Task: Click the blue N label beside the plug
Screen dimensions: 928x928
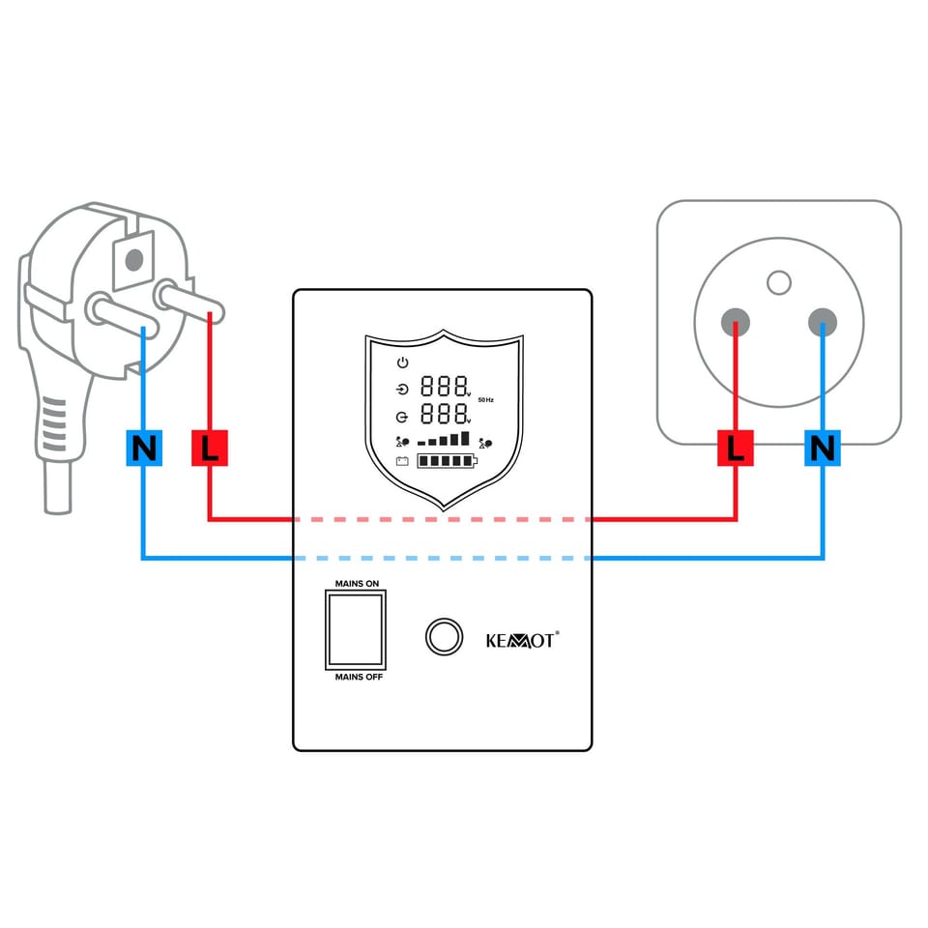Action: (144, 449)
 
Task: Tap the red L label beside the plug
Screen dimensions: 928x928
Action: (209, 449)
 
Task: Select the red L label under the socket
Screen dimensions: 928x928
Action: (737, 449)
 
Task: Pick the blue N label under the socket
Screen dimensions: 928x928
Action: (823, 449)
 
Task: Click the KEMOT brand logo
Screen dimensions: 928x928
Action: (521, 639)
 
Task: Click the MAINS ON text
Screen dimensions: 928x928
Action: (357, 584)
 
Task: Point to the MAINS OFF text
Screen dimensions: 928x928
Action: (359, 677)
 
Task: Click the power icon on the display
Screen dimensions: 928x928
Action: (403, 363)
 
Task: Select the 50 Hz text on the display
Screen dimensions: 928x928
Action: (485, 399)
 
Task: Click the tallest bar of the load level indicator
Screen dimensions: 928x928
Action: (464, 438)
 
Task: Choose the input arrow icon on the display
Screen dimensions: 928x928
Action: (403, 391)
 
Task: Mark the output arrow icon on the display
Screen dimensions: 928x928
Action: (403, 417)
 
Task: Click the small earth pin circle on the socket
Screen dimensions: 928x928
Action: (778, 282)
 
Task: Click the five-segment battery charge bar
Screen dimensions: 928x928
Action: (448, 462)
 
